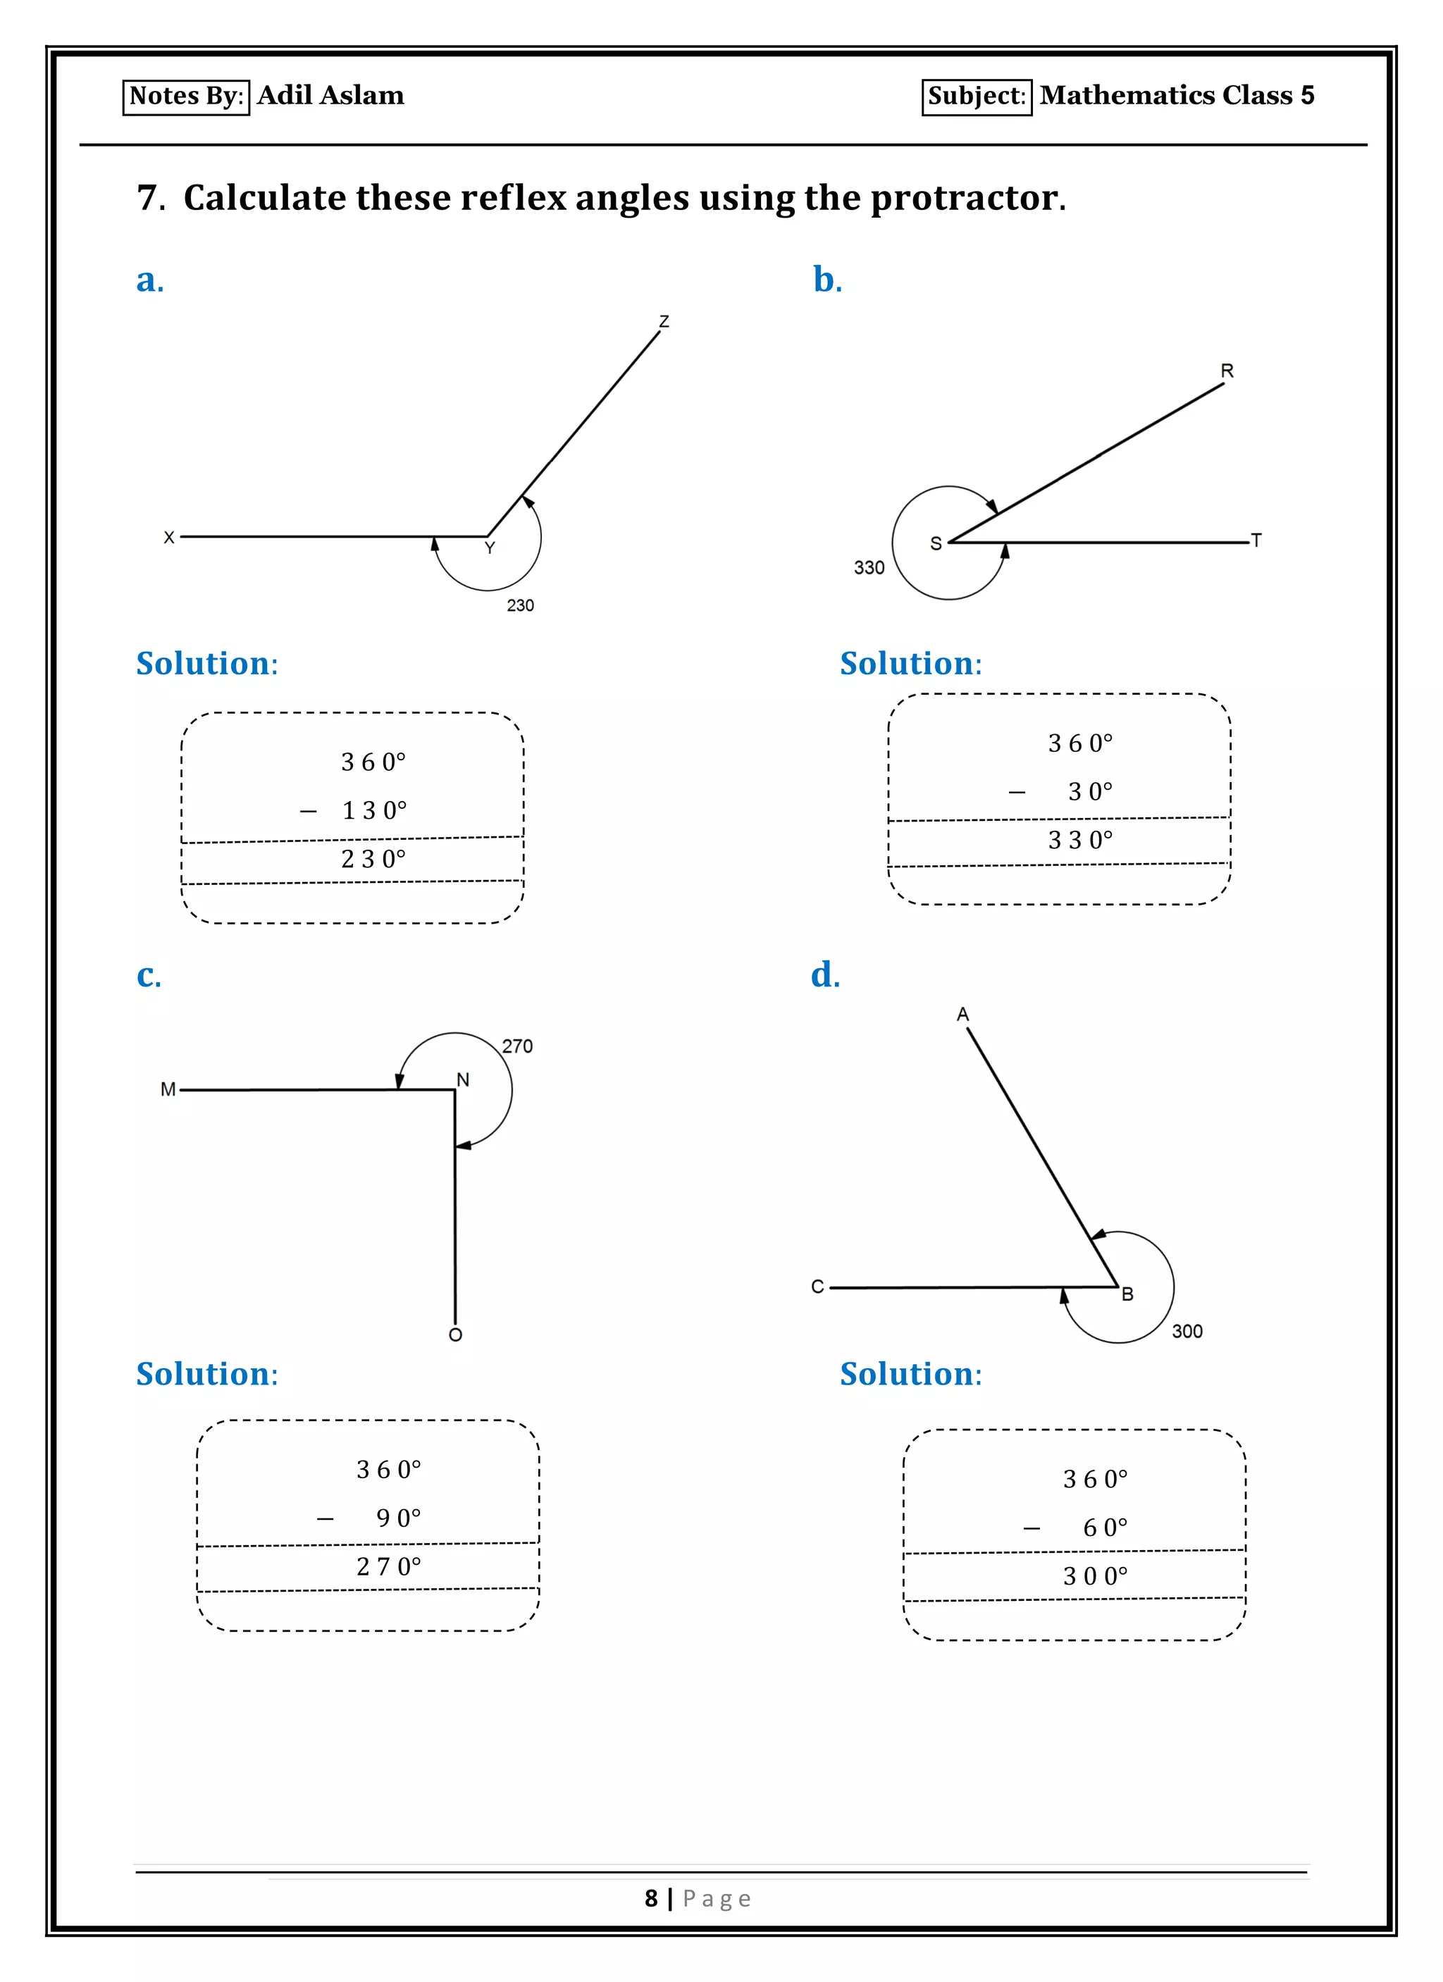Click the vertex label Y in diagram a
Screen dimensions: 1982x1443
[490, 548]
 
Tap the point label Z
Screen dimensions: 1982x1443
[664, 321]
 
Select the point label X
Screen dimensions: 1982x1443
[168, 538]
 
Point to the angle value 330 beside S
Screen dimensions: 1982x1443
[869, 568]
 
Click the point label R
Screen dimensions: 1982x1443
[1227, 371]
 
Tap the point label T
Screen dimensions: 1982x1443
[1256, 540]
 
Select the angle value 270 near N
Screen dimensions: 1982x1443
[517, 1046]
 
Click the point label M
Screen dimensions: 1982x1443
[168, 1089]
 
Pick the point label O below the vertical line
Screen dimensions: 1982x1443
[455, 1334]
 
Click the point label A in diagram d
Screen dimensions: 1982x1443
[962, 1015]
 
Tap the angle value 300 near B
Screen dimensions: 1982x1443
[1187, 1331]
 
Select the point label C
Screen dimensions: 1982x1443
[817, 1287]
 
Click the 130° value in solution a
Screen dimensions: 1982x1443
[374, 811]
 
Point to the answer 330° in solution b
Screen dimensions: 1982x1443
[1080, 840]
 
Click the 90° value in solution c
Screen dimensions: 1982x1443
[399, 1518]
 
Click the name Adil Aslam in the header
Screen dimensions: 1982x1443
[330, 95]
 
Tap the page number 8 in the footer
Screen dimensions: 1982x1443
[651, 1898]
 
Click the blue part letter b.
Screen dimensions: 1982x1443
[826, 280]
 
